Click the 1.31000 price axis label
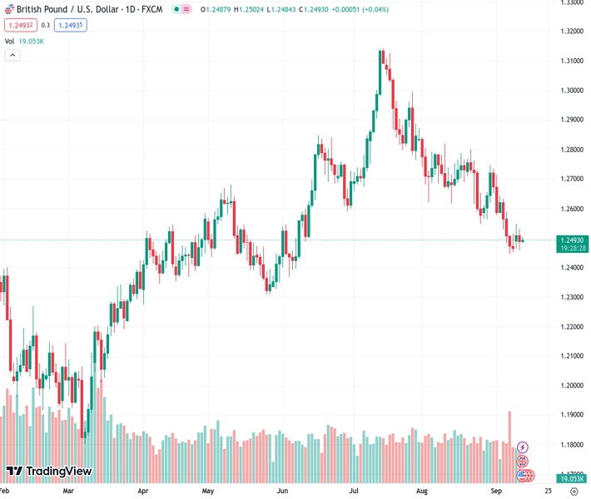tap(571, 61)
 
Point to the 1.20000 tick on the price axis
tap(571, 385)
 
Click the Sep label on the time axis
tap(497, 492)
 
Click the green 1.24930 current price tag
tap(571, 240)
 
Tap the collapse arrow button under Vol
tap(12, 55)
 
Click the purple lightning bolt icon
tap(523, 447)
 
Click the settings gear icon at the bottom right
tap(574, 492)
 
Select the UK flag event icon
tap(523, 462)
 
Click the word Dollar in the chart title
tap(102, 9)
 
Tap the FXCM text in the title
tap(151, 9)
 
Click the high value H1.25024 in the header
tap(248, 9)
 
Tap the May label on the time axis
tap(207, 492)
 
